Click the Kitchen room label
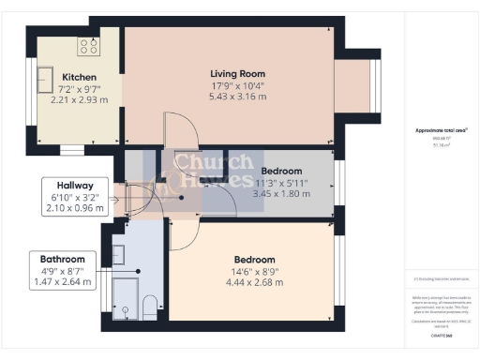pyautogui.click(x=80, y=77)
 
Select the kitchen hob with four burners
pyautogui.click(x=89, y=45)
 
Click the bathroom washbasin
pyautogui.click(x=118, y=253)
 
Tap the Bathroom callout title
pyautogui.click(x=62, y=259)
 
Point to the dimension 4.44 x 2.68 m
pyautogui.click(x=254, y=282)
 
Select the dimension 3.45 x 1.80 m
pyautogui.click(x=281, y=193)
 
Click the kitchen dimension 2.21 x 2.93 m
pyautogui.click(x=80, y=99)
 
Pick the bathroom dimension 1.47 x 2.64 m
pyautogui.click(x=62, y=281)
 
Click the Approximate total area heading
pyautogui.click(x=441, y=130)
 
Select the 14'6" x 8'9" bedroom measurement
pyautogui.click(x=254, y=271)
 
